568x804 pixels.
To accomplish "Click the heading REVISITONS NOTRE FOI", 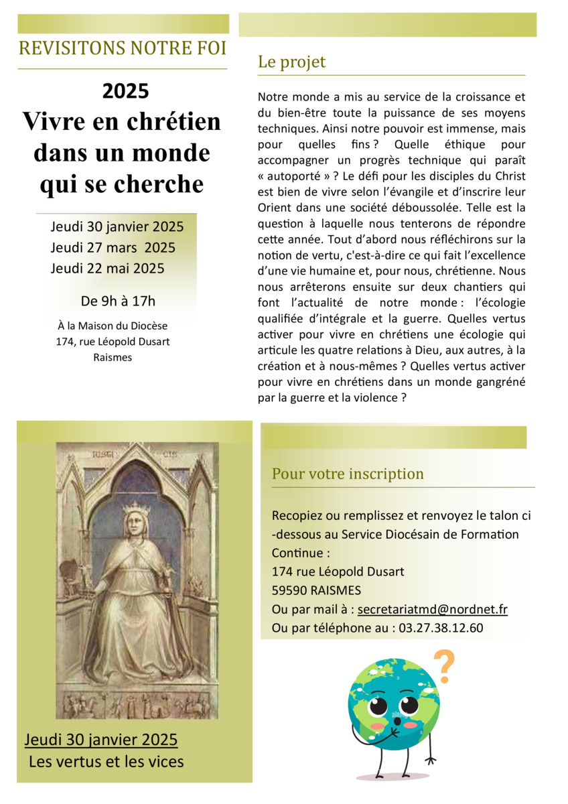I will click(x=123, y=49).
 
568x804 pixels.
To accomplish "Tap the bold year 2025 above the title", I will click(x=125, y=90).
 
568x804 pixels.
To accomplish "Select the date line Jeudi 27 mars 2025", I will click(x=113, y=247).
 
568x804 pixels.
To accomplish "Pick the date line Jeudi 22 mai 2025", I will click(x=107, y=269).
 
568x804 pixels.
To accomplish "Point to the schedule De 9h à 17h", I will click(x=118, y=300).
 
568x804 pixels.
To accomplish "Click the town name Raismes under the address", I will click(x=113, y=357).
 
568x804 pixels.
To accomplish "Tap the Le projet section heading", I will click(x=291, y=62).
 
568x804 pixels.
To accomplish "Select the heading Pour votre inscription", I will click(x=348, y=474).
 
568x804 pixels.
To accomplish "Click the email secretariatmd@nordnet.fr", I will click(x=432, y=610).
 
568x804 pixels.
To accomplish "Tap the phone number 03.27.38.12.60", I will click(x=441, y=628).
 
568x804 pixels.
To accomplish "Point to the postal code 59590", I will click(x=291, y=590).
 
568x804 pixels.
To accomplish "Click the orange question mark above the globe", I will click(x=441, y=664).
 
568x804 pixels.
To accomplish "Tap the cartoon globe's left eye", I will click(x=378, y=706).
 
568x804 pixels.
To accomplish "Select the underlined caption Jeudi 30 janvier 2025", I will click(x=101, y=740).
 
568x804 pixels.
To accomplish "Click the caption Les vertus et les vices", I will click(x=106, y=762).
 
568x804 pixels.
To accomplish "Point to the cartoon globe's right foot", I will click(x=426, y=760).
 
